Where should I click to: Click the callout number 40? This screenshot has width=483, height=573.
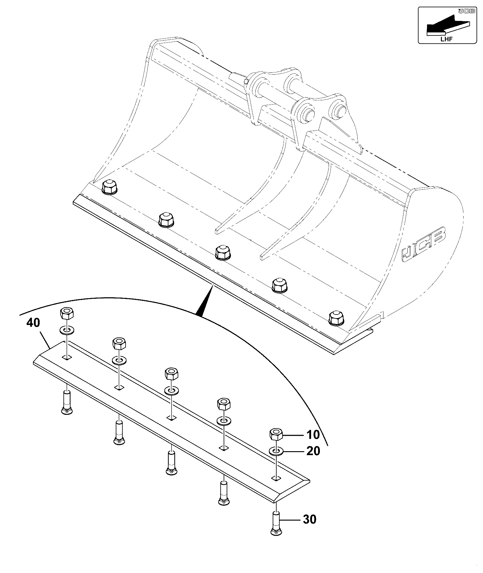33,323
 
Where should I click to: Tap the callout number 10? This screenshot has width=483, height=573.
313,435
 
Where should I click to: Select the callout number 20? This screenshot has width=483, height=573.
313,451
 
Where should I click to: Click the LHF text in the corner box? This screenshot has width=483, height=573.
446,38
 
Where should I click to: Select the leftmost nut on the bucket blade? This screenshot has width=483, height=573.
109,187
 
